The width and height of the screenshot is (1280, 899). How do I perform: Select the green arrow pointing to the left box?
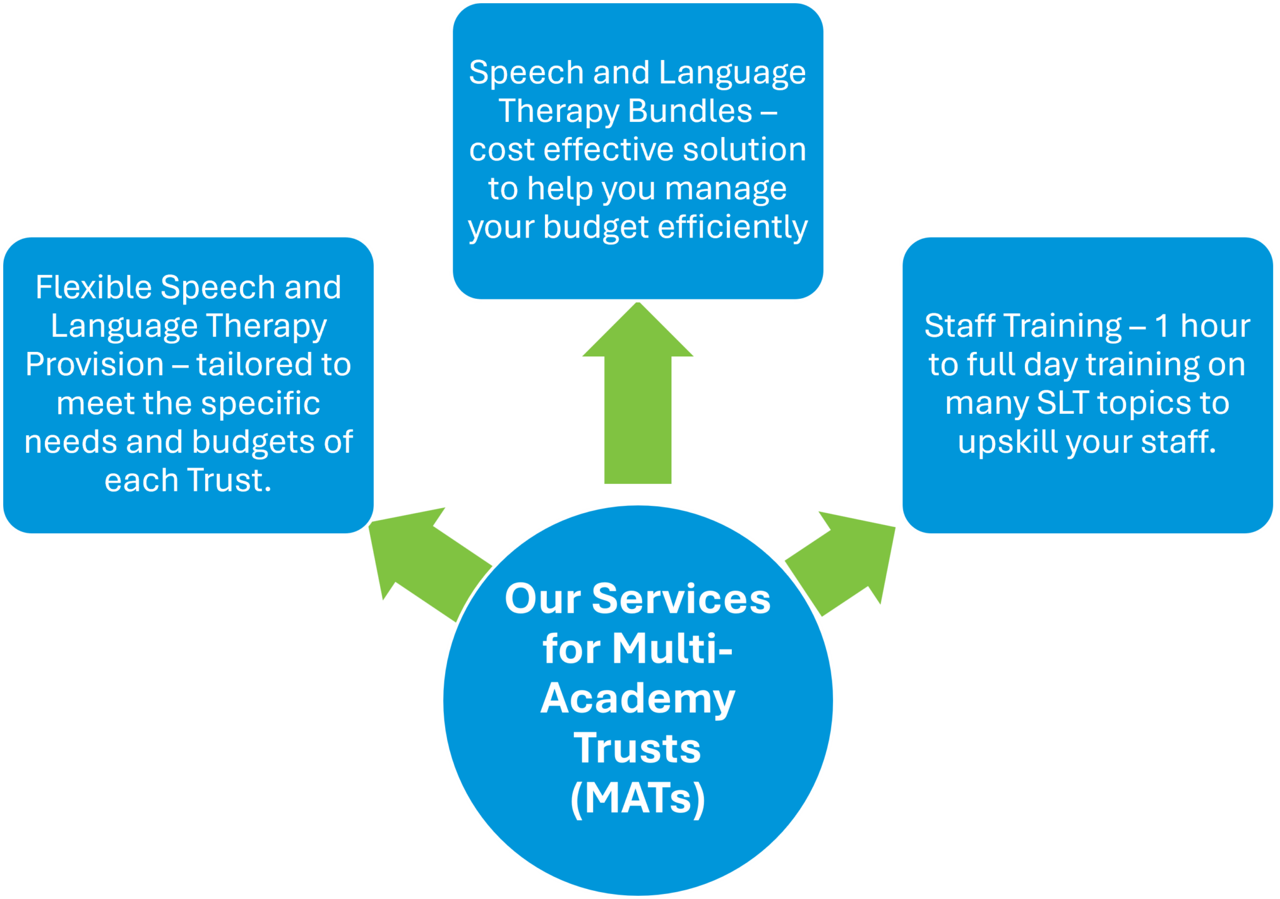pyautogui.click(x=425, y=556)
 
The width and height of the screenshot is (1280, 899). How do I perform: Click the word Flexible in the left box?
pyautogui.click(x=94, y=288)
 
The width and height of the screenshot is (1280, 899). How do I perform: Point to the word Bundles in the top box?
pyautogui.click(x=689, y=111)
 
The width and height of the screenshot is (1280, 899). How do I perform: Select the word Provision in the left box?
pyautogui.click(x=94, y=364)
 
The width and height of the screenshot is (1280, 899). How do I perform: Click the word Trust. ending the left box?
pyautogui.click(x=229, y=480)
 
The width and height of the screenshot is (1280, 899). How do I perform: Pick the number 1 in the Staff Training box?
pyautogui.click(x=1161, y=326)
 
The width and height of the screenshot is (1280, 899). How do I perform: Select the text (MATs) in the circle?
pyautogui.click(x=637, y=798)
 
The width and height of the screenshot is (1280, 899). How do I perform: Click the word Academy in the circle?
pyautogui.click(x=637, y=698)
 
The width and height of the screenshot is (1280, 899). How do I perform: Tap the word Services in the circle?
pyautogui.click(x=681, y=599)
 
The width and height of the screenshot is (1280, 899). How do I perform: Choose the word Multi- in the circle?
pyautogui.click(x=672, y=648)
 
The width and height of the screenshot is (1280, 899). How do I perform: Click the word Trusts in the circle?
pyautogui.click(x=637, y=748)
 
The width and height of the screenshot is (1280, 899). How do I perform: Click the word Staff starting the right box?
pyautogui.click(x=959, y=326)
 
